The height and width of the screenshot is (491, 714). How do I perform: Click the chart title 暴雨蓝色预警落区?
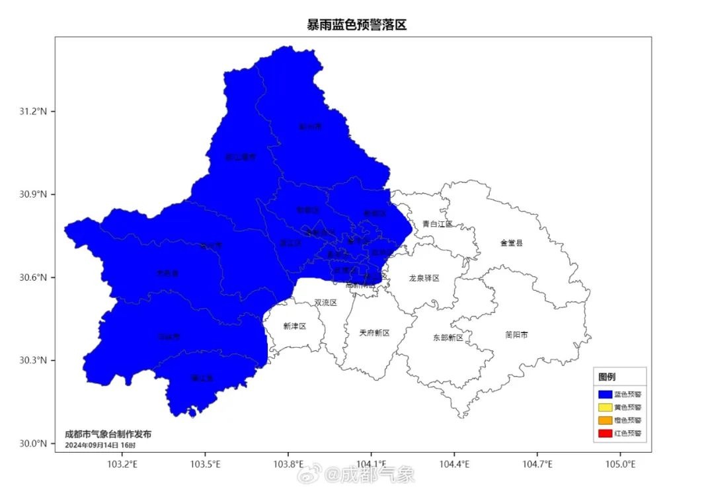(x=356, y=25)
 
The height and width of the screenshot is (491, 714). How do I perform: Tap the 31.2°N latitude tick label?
(x=32, y=112)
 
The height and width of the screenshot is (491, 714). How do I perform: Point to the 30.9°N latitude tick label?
(x=32, y=195)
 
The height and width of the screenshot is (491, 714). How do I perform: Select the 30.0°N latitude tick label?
(x=32, y=443)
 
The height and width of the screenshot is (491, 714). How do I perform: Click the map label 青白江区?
(x=438, y=224)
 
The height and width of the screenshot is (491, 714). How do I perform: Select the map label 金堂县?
(x=511, y=243)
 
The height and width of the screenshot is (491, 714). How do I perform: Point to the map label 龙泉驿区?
(x=424, y=278)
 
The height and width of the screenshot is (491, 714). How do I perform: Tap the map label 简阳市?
(x=516, y=335)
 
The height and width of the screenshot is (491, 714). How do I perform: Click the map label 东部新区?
(x=448, y=338)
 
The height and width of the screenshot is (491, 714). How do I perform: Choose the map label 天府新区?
(x=374, y=332)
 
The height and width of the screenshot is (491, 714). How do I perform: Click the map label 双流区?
(x=325, y=303)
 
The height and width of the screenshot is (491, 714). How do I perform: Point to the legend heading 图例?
(x=607, y=377)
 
